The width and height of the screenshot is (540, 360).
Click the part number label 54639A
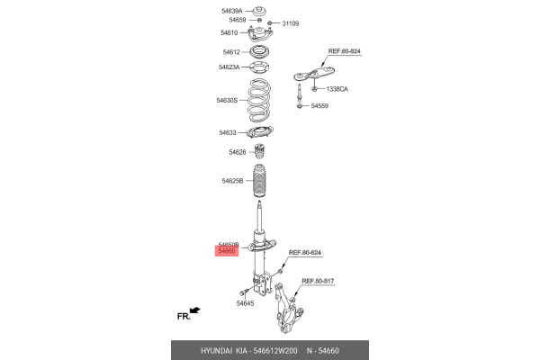[232, 11]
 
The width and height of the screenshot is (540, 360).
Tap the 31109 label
[291, 23]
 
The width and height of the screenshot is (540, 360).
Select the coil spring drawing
[259, 101]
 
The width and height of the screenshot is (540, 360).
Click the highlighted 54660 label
[227, 251]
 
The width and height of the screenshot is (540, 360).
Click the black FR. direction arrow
[195, 310]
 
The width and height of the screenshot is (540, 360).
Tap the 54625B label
[232, 181]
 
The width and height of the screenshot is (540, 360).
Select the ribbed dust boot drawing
[260, 181]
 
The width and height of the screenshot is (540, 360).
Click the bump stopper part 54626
[260, 151]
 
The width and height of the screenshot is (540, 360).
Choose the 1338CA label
[337, 89]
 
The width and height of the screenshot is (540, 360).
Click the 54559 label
[319, 106]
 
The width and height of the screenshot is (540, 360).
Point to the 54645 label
[245, 303]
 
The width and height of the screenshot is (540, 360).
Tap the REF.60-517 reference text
[318, 281]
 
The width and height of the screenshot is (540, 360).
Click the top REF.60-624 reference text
[345, 51]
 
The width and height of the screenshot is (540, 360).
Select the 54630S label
[227, 100]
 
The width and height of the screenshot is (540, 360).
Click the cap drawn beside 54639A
[260, 11]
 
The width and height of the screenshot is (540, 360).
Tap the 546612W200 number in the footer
[275, 351]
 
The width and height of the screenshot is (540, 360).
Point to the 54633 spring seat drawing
[260, 132]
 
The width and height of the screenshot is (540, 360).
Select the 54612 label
[231, 52]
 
